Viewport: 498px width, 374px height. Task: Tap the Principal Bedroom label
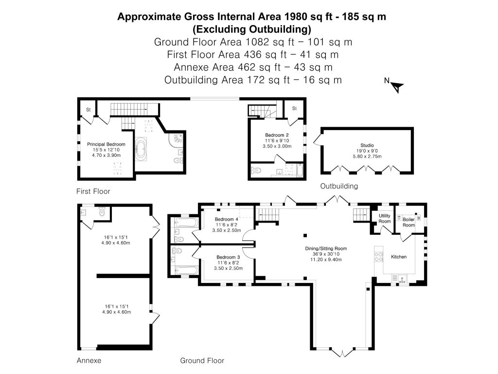click(106, 144)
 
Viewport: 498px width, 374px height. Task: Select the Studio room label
click(367, 145)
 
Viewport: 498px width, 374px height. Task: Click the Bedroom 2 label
click(277, 135)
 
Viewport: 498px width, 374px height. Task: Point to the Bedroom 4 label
click(227, 219)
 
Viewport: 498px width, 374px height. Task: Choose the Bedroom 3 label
click(228, 257)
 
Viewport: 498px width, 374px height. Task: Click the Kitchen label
click(399, 257)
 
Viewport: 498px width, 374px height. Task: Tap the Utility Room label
click(384, 219)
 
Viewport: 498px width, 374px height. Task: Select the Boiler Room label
click(409, 222)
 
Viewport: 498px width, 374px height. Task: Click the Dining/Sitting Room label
click(326, 248)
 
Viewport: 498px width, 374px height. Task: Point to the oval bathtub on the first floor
click(141, 149)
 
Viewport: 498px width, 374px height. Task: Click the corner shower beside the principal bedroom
click(176, 140)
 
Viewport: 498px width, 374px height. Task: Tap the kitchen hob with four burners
click(379, 257)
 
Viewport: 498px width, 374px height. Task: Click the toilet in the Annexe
click(102, 211)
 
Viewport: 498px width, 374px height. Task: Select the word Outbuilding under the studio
click(339, 186)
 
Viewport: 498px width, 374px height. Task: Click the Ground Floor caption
click(202, 360)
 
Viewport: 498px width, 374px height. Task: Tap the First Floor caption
click(93, 191)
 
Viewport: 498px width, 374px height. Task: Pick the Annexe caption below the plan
click(89, 360)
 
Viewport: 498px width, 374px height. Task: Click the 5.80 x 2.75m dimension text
click(367, 156)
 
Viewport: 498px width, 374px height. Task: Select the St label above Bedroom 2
click(294, 109)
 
